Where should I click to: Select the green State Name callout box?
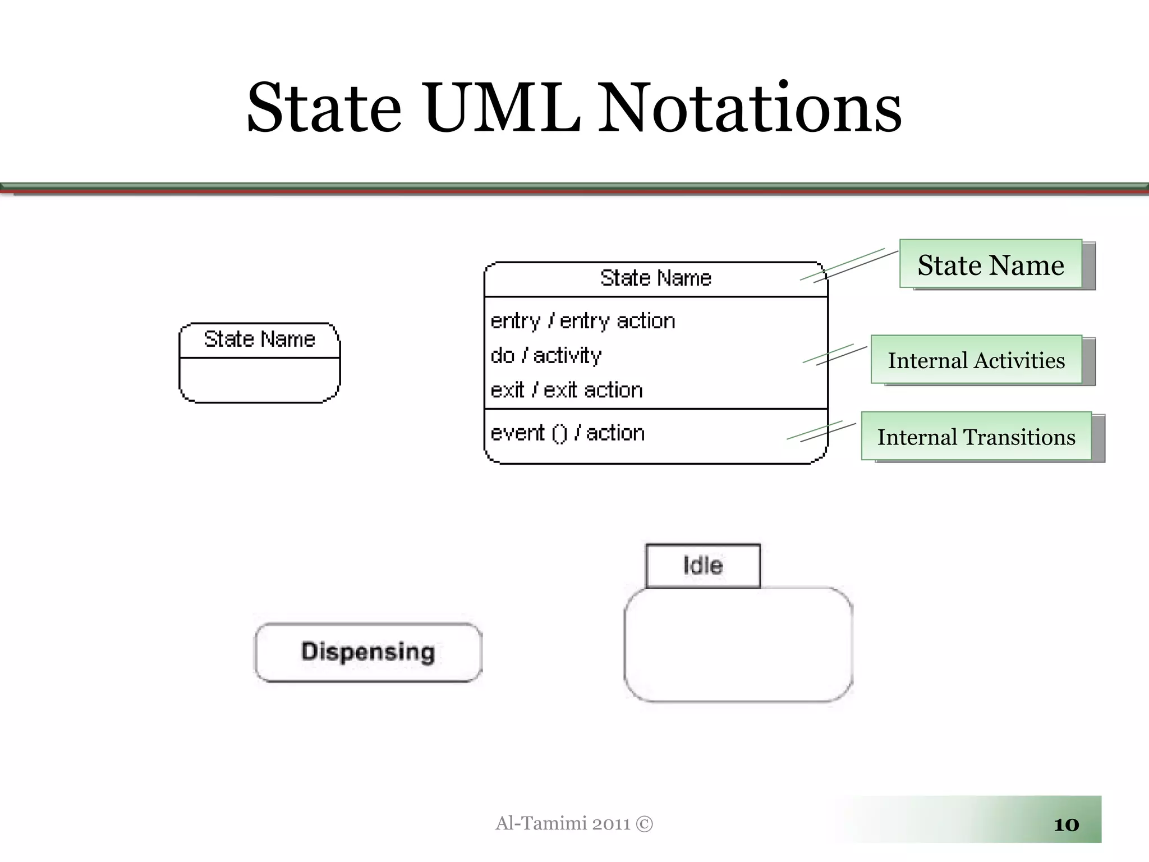pos(991,264)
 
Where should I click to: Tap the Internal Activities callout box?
pos(976,360)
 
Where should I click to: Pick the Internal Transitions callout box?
pos(976,437)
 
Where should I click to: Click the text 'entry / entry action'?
pos(582,321)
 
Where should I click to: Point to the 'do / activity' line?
pos(545,355)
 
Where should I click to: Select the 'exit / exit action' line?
pos(566,390)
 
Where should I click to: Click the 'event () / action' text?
pos(567,433)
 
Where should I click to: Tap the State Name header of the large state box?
pos(655,278)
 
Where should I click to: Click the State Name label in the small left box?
pos(259,340)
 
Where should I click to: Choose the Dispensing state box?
pos(368,652)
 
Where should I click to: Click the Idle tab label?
pos(703,566)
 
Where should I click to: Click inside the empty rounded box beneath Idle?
pos(738,645)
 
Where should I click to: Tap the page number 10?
pos(1066,824)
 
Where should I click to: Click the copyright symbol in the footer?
pos(645,824)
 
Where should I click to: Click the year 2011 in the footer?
pos(611,824)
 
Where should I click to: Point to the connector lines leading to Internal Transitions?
pos(821,432)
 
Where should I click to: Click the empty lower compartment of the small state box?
pos(259,379)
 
